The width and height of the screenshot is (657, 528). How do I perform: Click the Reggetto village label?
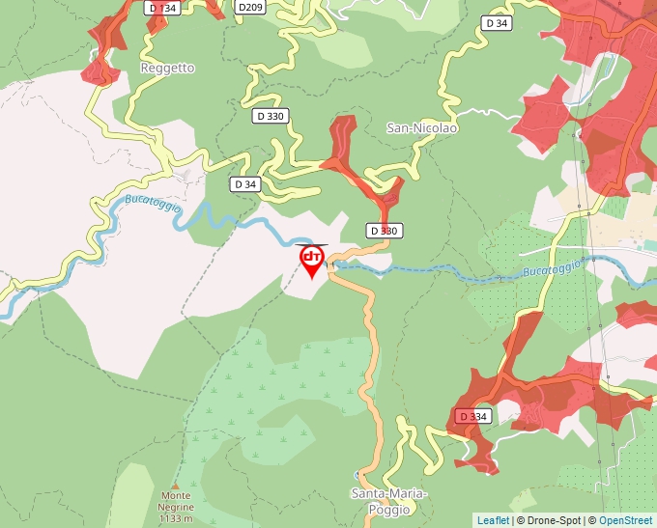click(167, 69)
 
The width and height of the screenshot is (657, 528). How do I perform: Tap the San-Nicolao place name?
click(421, 127)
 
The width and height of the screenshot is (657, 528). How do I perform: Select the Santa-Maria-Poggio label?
click(387, 501)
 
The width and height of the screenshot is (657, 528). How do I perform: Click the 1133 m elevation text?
click(175, 518)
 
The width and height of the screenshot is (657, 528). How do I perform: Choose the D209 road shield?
click(250, 8)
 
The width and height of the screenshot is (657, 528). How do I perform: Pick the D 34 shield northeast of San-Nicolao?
click(497, 22)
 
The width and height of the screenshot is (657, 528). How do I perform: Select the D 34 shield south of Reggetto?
click(245, 183)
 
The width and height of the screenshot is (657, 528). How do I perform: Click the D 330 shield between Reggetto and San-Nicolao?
click(271, 116)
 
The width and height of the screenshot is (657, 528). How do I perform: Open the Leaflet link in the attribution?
click(493, 520)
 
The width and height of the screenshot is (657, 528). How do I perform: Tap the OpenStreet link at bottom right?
click(626, 520)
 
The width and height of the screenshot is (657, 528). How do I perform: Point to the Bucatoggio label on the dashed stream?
click(552, 266)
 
